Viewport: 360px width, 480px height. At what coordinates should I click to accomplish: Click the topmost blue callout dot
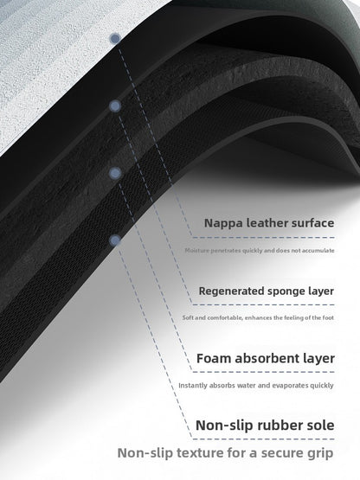(x=115, y=39)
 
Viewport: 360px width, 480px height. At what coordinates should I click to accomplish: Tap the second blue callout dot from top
(x=115, y=106)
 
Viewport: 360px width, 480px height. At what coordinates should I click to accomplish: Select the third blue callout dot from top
(x=115, y=173)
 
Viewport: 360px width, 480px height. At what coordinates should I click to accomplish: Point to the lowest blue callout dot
(x=115, y=240)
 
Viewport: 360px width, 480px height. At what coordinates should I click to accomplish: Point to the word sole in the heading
(x=320, y=426)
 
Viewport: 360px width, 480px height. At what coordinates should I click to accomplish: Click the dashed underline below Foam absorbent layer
(x=263, y=372)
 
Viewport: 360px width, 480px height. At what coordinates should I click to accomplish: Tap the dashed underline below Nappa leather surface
(x=263, y=237)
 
